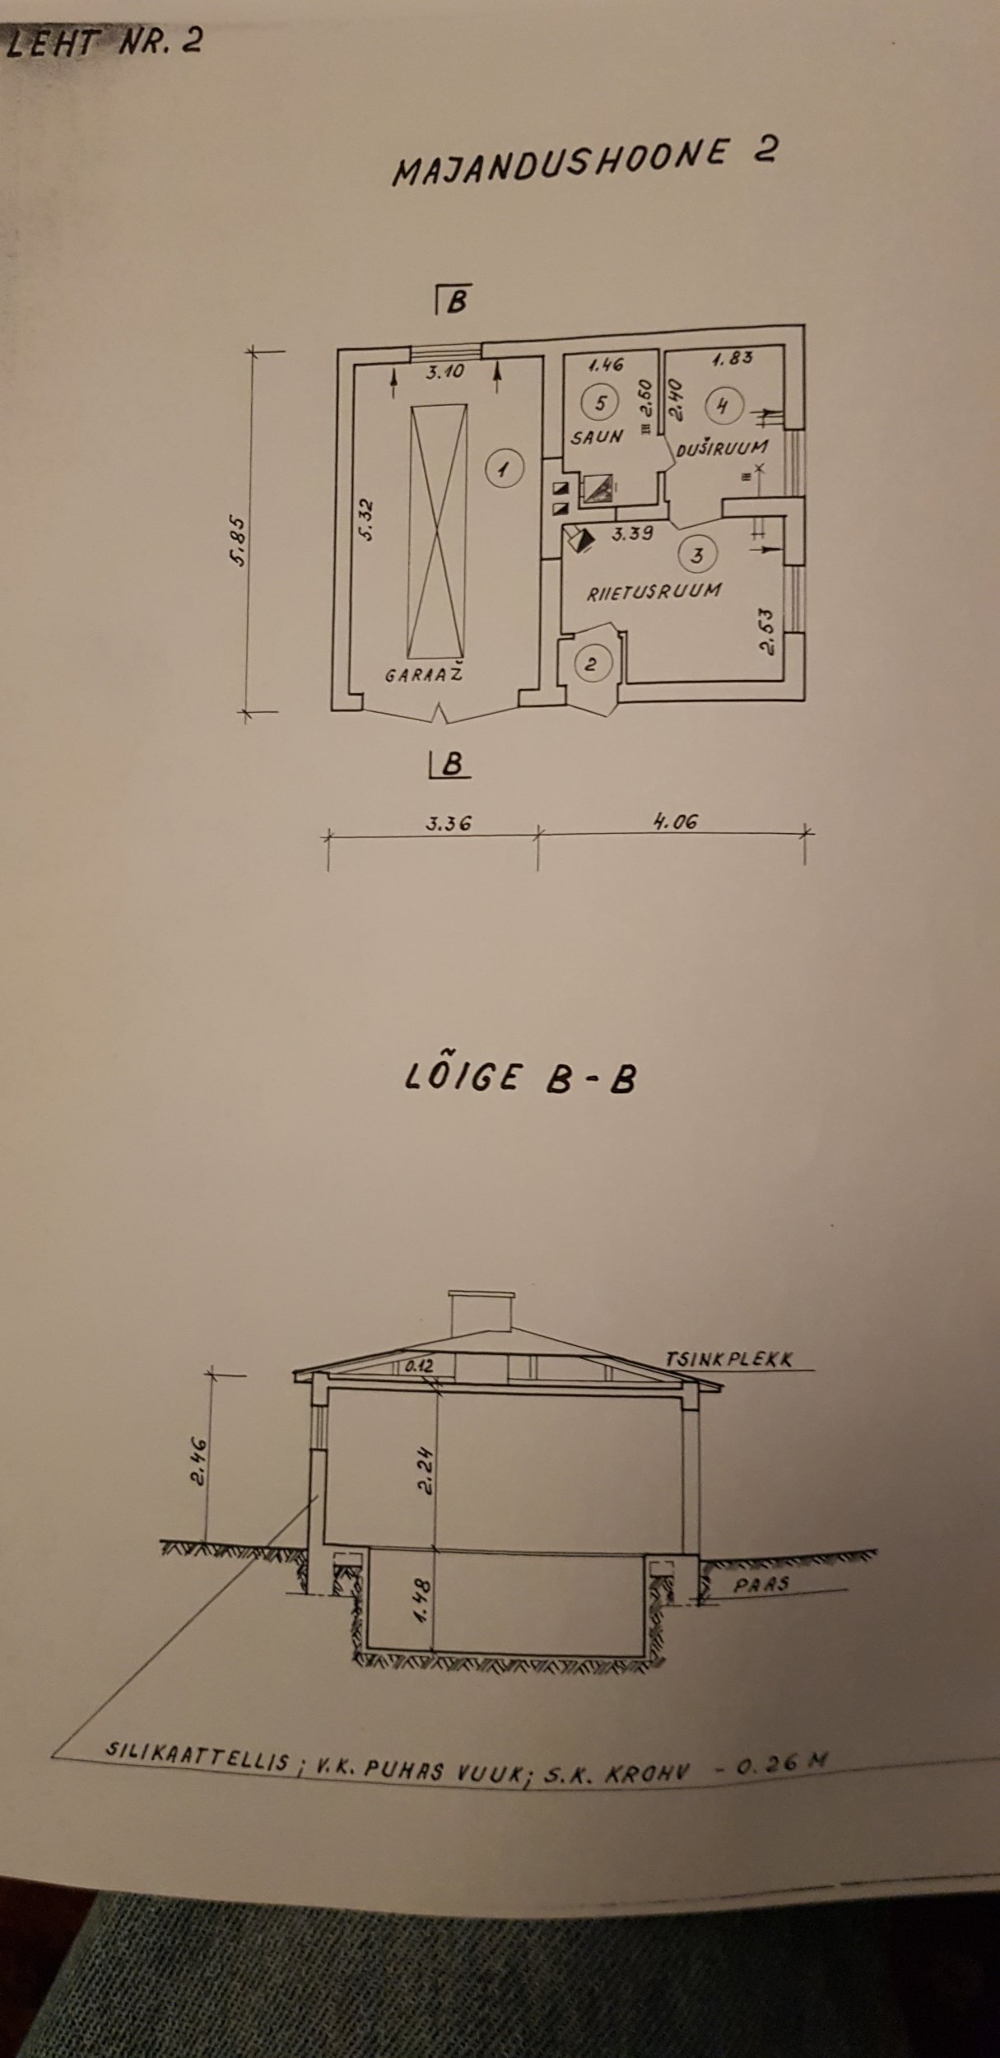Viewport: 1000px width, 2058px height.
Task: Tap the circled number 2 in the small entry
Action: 590,663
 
